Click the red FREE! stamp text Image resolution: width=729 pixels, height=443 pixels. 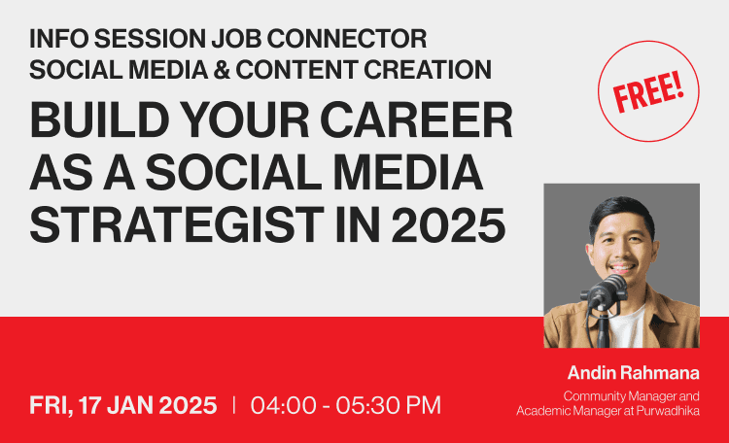point(648,91)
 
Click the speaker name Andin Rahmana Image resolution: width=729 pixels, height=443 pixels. point(633,373)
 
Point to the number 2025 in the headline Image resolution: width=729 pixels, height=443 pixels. point(448,225)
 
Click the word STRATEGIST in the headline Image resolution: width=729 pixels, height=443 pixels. point(177,225)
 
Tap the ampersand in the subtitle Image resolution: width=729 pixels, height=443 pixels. point(222,70)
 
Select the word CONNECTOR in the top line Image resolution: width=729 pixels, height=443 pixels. point(347,39)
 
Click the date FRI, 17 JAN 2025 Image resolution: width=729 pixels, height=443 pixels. point(123,405)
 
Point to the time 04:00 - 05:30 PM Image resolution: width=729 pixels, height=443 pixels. point(346,405)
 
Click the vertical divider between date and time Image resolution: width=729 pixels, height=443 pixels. point(234,405)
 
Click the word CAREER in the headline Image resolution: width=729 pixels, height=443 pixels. point(417,120)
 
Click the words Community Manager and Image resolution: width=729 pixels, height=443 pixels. point(632,396)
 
